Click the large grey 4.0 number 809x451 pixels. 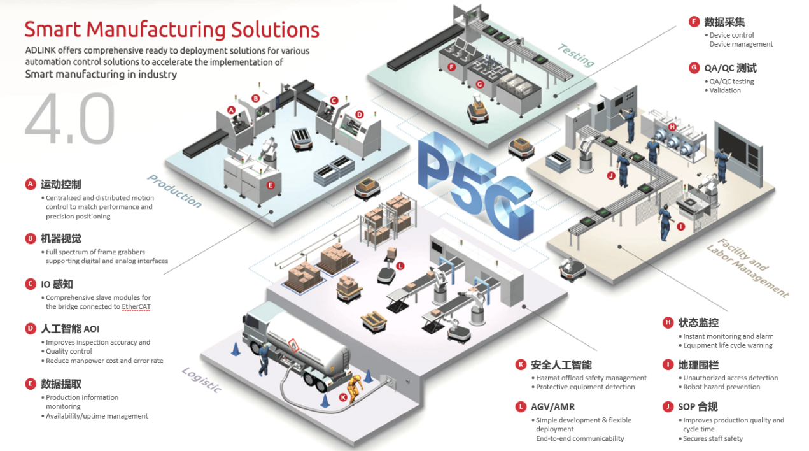[70, 120]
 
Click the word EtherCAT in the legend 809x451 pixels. [131, 306]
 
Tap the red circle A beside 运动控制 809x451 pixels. [30, 184]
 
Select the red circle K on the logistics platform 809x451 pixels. [343, 397]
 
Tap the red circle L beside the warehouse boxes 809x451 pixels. [400, 266]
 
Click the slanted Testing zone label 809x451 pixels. [575, 55]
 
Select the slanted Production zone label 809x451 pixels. [174, 191]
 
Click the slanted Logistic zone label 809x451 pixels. [202, 380]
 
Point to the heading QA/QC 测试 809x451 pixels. [730, 68]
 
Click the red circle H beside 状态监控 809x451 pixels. [668, 322]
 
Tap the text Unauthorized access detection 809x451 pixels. [731, 378]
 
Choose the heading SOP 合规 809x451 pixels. [698, 406]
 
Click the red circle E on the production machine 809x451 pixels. [271, 185]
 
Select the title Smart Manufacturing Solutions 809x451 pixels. [172, 29]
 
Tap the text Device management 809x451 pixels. [741, 44]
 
